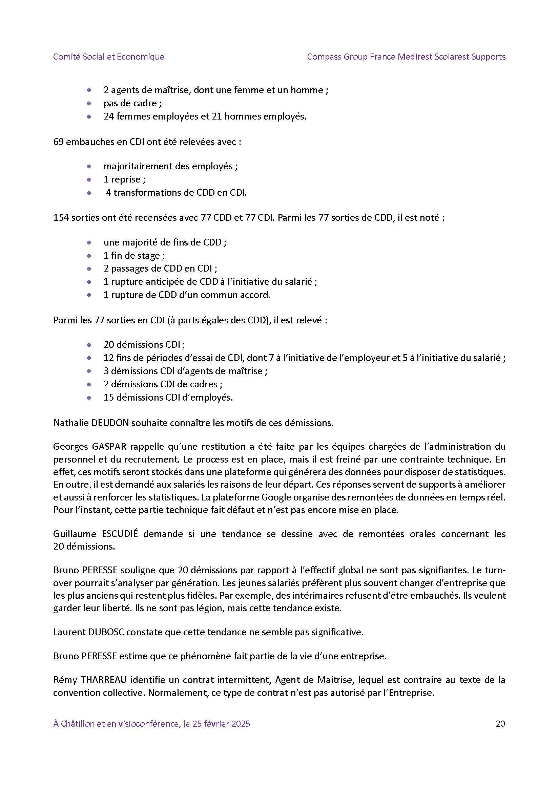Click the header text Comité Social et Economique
(x=108, y=57)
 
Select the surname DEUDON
(x=110, y=423)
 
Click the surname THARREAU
(x=104, y=680)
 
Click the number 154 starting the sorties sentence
(x=61, y=218)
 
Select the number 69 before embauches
(x=58, y=142)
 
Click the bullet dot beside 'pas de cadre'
(x=89, y=103)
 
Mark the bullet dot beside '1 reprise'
(x=89, y=179)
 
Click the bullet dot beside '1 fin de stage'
(x=89, y=256)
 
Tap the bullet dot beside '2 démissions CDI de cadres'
(x=89, y=384)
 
